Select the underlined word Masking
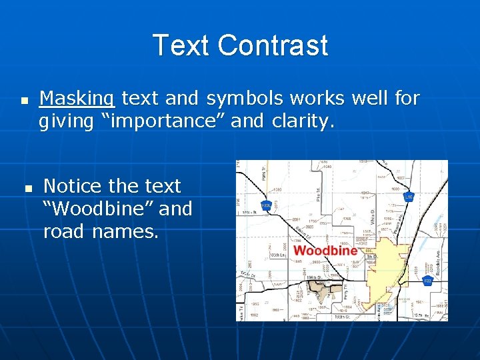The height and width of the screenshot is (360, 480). point(77,99)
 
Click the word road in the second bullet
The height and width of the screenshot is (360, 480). point(65,231)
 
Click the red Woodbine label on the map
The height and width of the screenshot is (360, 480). point(325,251)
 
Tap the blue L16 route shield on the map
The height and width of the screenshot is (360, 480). point(409,197)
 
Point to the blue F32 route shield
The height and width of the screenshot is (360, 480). point(428,282)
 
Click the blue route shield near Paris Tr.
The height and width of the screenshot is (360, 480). point(265,205)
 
